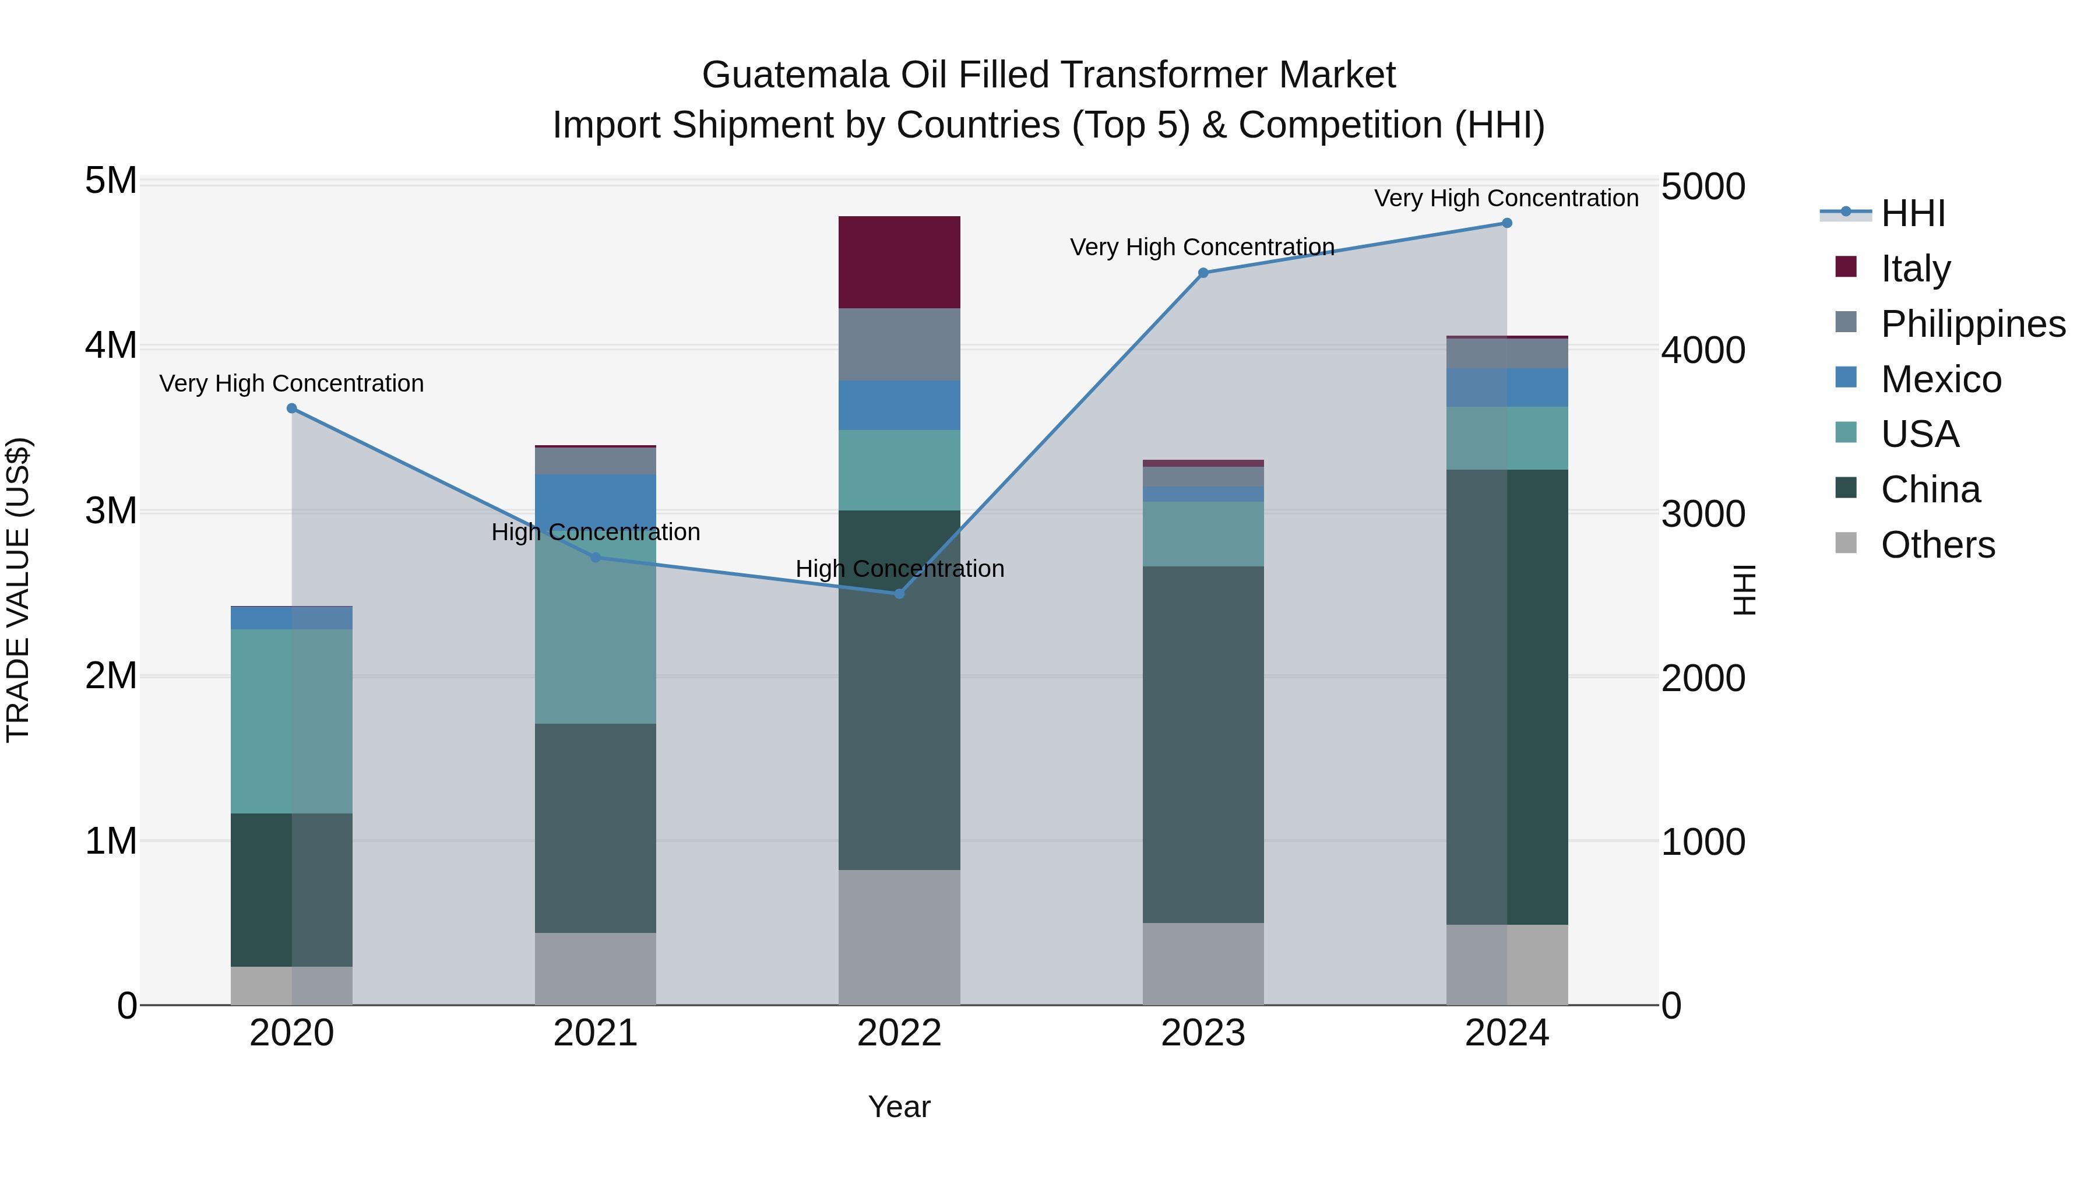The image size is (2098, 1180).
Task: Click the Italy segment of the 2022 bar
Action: (x=899, y=262)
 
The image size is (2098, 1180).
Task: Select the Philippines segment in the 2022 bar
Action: (x=899, y=344)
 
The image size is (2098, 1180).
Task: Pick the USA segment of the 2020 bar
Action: (x=291, y=721)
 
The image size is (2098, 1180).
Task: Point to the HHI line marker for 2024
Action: (x=1506, y=223)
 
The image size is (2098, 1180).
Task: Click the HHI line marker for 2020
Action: (x=291, y=408)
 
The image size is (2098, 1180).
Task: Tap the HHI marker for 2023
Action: (x=1203, y=273)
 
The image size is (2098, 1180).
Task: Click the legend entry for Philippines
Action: (x=1973, y=323)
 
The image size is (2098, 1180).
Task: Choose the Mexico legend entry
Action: (x=1941, y=379)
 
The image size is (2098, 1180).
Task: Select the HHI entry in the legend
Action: (x=1912, y=213)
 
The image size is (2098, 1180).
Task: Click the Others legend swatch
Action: (x=1846, y=543)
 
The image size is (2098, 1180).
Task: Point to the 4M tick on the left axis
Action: (x=111, y=346)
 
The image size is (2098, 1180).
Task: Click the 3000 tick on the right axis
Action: (x=1703, y=514)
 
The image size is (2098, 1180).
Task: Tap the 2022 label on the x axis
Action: (x=899, y=1033)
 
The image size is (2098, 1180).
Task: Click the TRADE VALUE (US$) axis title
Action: (x=18, y=590)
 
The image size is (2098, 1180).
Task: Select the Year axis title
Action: (x=899, y=1107)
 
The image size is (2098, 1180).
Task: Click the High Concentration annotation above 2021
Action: (x=596, y=532)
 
